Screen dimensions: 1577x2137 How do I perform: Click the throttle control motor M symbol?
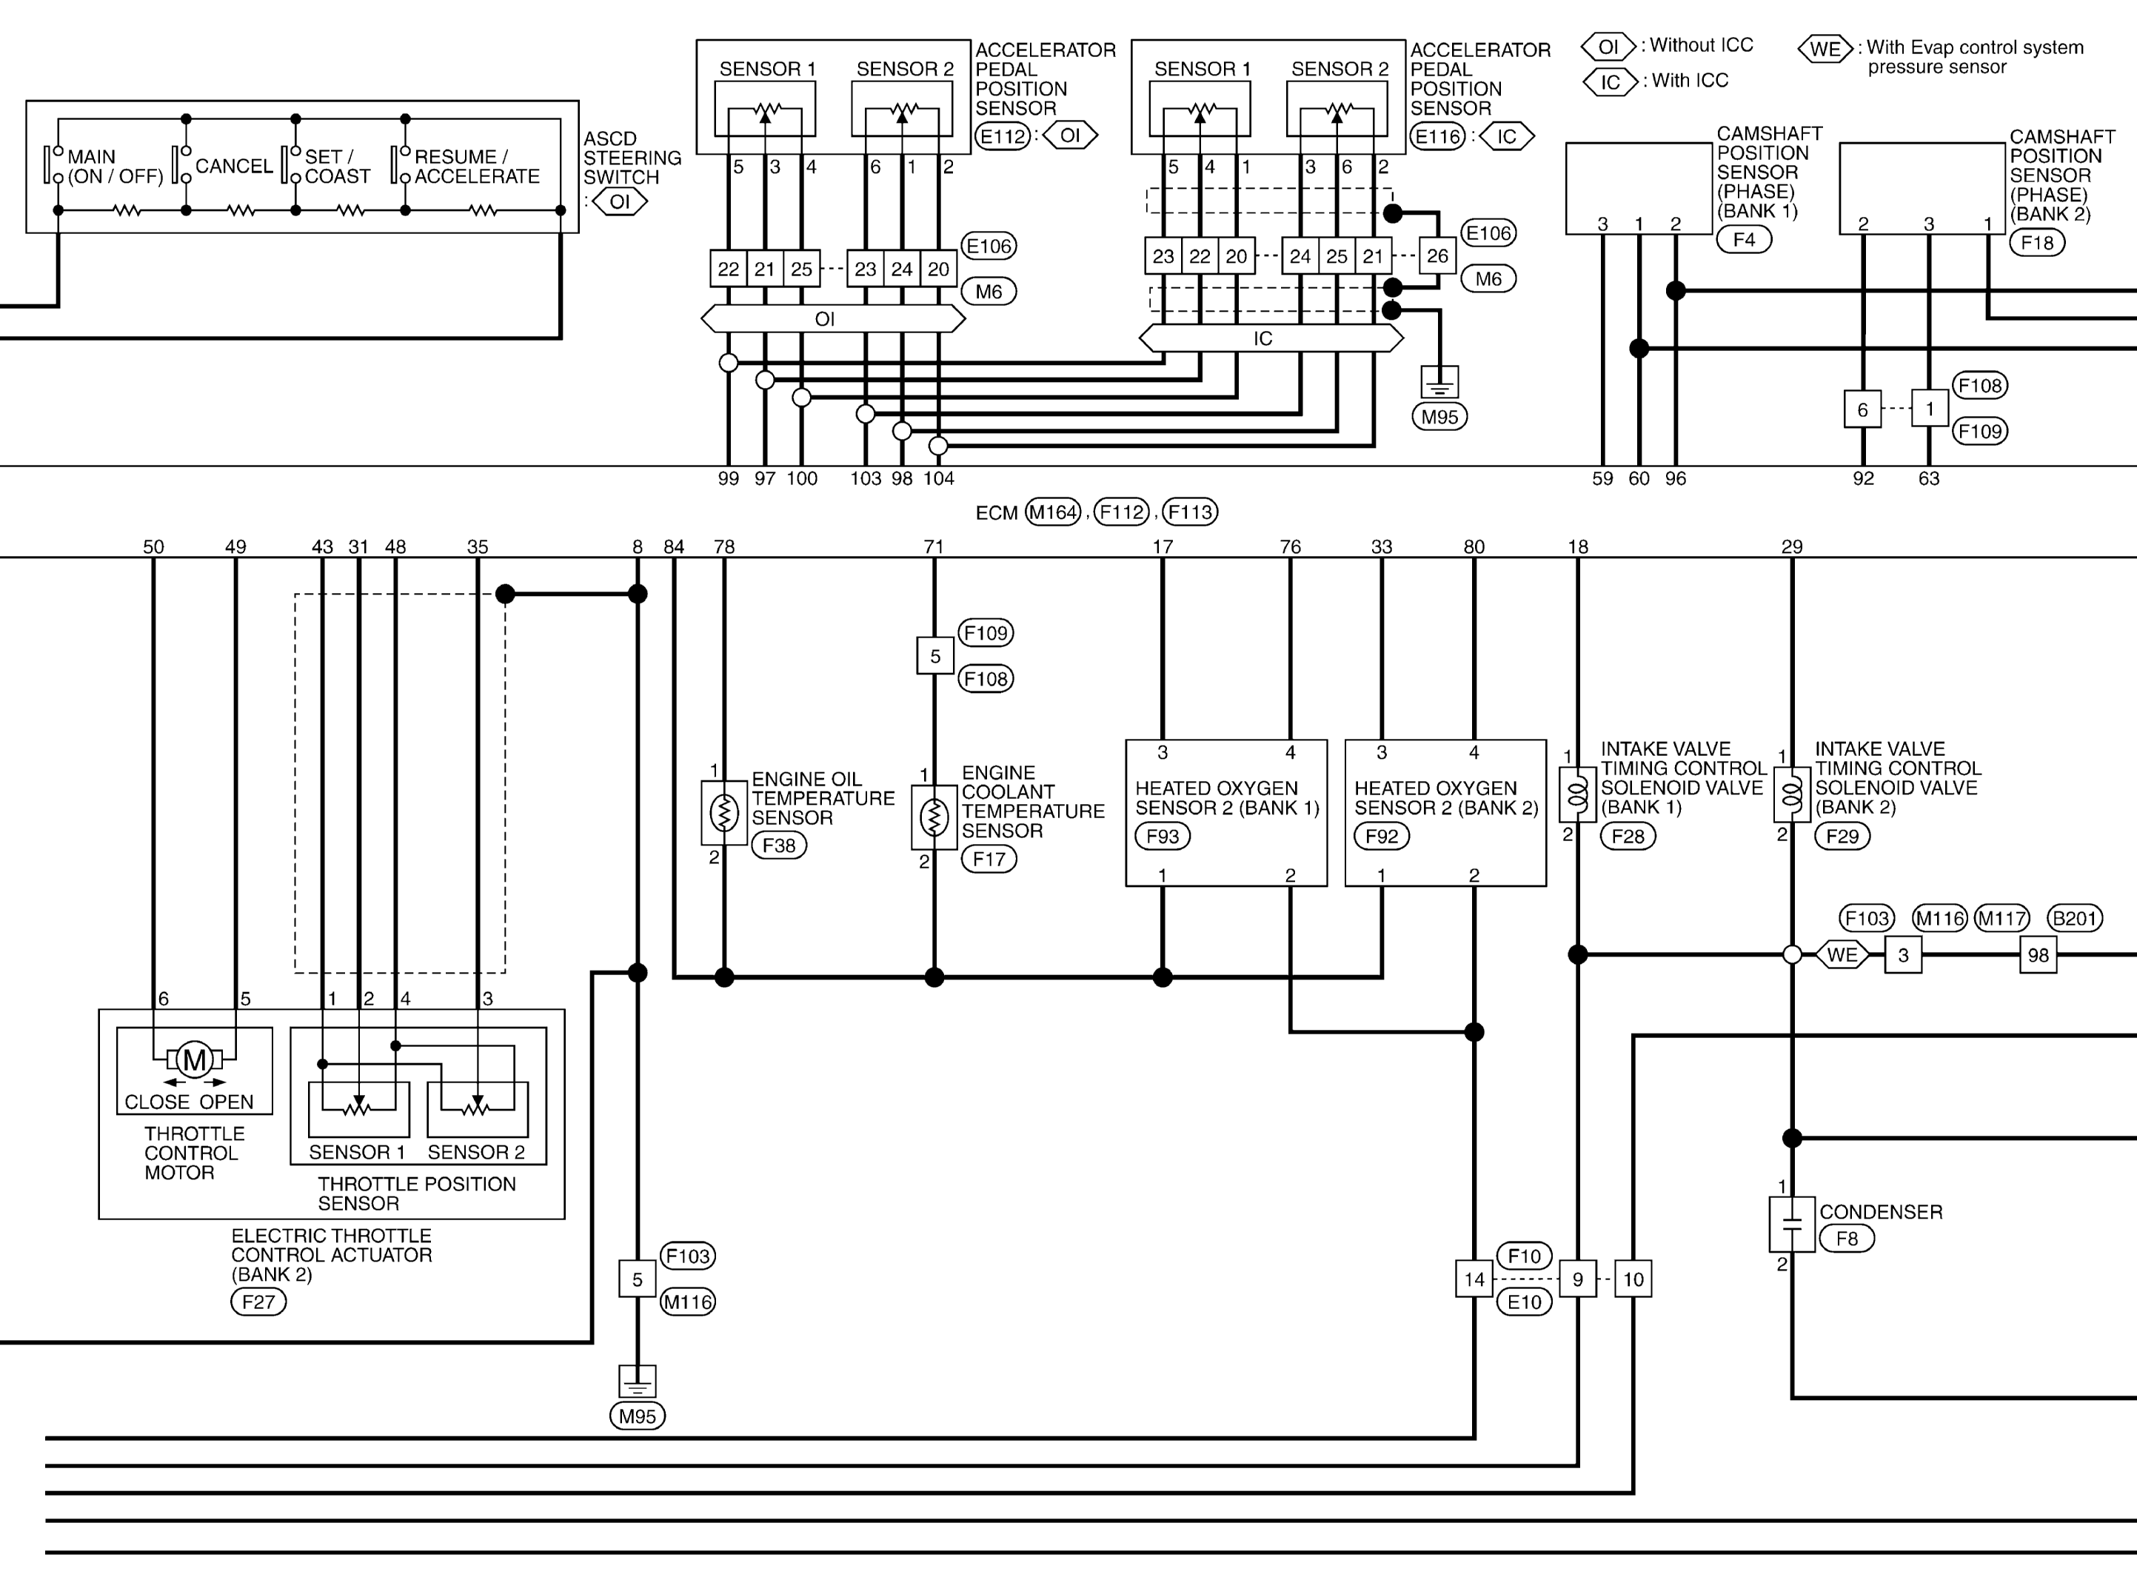click(x=195, y=1059)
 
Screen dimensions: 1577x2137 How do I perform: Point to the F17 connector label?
click(x=989, y=858)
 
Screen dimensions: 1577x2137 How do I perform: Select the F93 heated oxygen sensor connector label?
click(x=1162, y=836)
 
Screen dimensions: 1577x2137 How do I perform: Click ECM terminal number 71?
click(x=934, y=547)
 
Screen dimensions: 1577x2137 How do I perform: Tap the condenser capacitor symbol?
click(x=1791, y=1224)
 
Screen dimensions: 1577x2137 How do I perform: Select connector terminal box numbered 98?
click(x=2038, y=954)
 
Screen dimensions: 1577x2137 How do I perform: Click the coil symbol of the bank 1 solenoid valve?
click(x=1578, y=794)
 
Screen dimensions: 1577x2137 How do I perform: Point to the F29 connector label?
click(x=1842, y=836)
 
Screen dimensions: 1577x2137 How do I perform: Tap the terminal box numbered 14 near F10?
click(x=1474, y=1279)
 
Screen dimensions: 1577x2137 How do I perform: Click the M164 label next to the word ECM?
click(x=1053, y=512)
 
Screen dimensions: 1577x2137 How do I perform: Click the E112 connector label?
click(x=1002, y=135)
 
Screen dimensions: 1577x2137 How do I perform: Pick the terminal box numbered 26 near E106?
click(x=1437, y=256)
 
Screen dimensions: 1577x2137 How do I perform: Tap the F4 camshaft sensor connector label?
click(x=1744, y=240)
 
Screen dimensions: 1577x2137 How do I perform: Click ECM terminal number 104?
click(x=938, y=478)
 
